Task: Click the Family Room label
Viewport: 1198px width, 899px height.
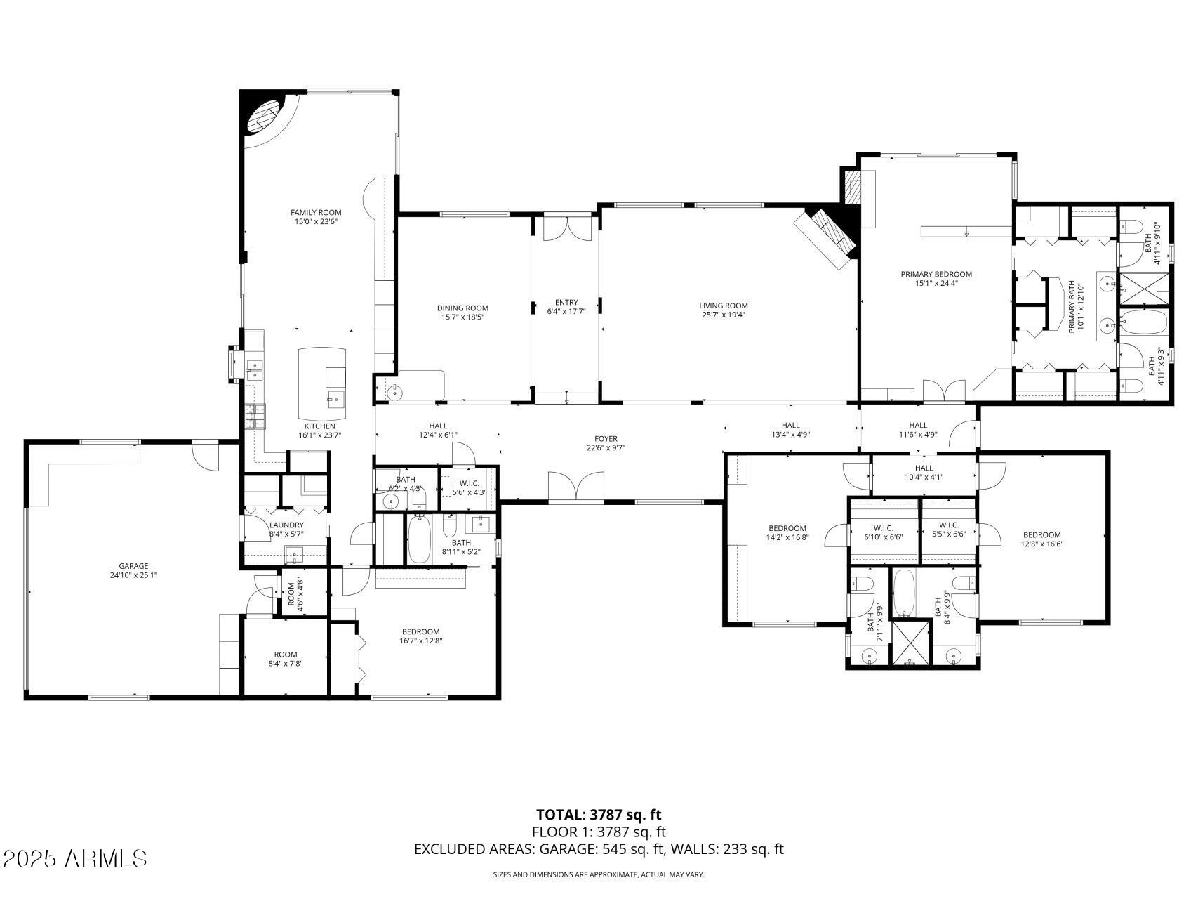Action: point(316,212)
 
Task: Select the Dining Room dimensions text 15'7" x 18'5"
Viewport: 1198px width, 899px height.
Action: point(462,317)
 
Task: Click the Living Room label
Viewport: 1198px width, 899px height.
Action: point(723,306)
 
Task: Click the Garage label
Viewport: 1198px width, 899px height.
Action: point(133,566)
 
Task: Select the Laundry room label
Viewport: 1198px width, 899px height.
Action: point(286,525)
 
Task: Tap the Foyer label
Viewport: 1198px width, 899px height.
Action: point(606,439)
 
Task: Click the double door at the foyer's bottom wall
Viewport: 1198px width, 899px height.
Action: point(575,487)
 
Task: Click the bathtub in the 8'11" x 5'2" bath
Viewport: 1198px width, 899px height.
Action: point(420,539)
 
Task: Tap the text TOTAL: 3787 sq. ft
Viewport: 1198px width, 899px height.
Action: point(599,815)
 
